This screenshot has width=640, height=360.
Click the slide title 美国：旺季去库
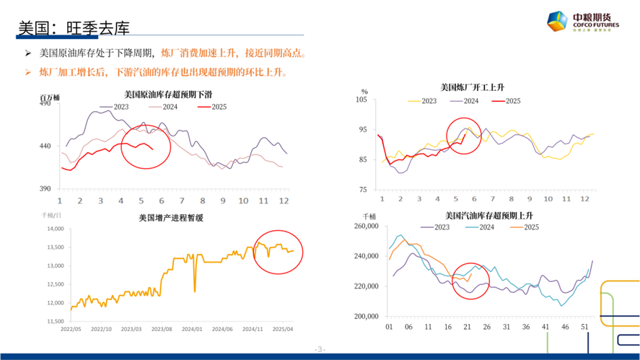coord(74,28)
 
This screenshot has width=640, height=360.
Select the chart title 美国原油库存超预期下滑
coord(167,95)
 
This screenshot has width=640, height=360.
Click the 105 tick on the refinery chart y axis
coord(362,100)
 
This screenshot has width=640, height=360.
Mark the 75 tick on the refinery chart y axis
coord(364,190)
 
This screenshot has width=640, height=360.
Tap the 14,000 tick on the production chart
coord(55,229)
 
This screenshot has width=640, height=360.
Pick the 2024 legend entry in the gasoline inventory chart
coord(482,227)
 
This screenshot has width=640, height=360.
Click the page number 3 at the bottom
coord(320,350)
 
